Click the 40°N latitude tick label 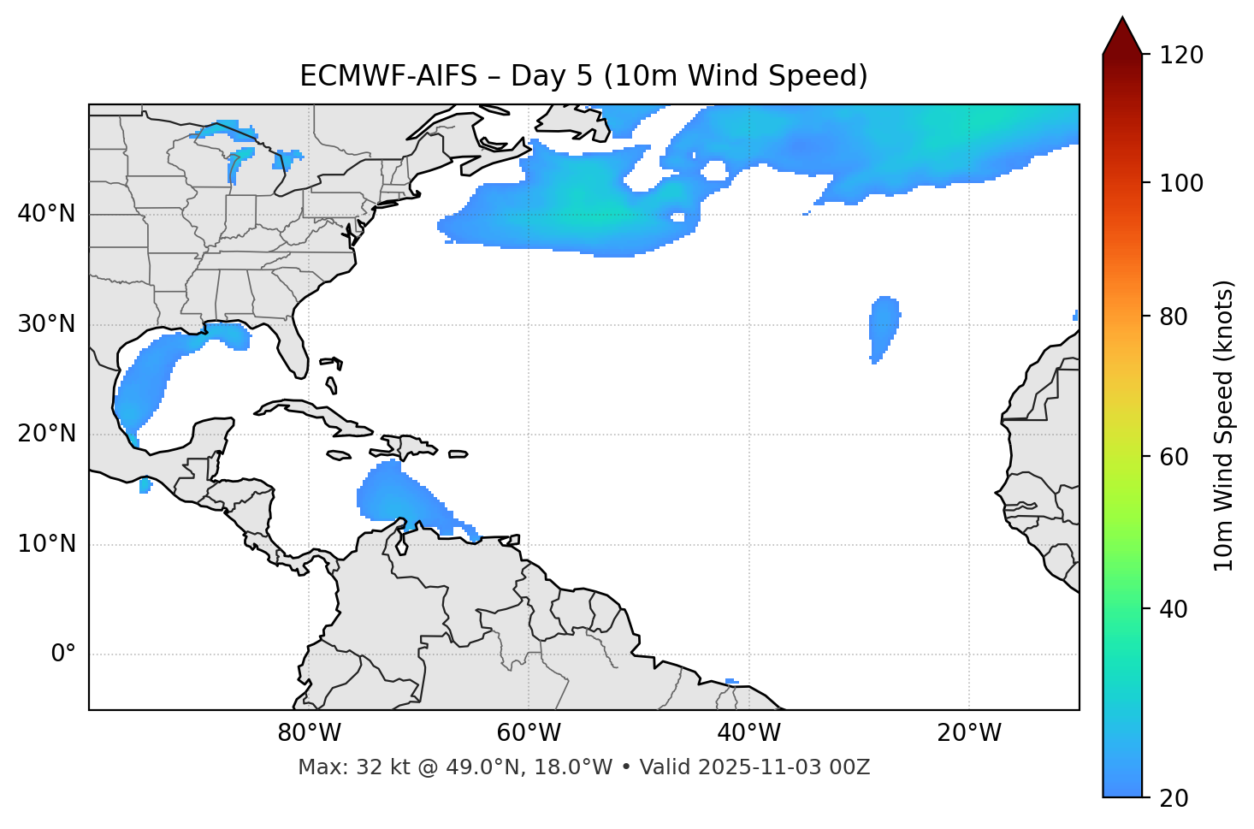pos(46,214)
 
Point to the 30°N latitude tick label pos(46,324)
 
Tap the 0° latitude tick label pos(63,654)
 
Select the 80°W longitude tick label pos(309,733)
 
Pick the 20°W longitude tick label pos(969,733)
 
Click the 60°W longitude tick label pos(528,733)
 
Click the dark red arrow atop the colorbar pos(1122,37)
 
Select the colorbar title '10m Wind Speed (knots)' pos(1224,426)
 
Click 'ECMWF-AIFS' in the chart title pos(388,76)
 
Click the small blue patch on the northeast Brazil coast pos(731,681)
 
